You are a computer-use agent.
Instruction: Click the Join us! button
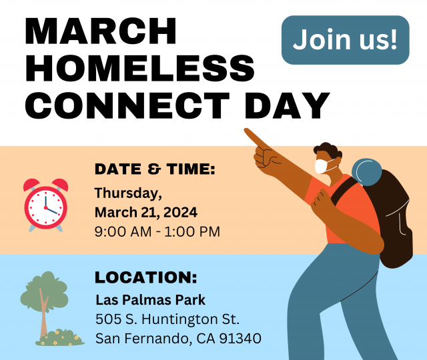(x=346, y=40)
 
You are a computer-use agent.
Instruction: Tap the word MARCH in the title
(x=101, y=31)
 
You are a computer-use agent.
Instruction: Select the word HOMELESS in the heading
(x=139, y=68)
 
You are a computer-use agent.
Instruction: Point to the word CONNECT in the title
(x=127, y=105)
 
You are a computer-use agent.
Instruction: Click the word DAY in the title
(x=288, y=105)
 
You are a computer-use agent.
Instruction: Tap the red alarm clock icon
(x=46, y=205)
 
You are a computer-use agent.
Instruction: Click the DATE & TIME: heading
(x=155, y=169)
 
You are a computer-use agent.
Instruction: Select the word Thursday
(x=128, y=193)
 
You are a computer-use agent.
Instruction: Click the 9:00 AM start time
(x=123, y=232)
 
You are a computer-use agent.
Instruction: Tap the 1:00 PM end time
(x=192, y=232)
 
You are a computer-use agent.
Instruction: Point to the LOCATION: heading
(x=145, y=277)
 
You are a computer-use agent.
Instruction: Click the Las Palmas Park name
(x=151, y=300)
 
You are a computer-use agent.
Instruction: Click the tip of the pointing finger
(x=246, y=131)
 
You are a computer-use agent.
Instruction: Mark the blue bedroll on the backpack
(x=366, y=172)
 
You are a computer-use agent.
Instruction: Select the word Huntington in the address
(x=179, y=320)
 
